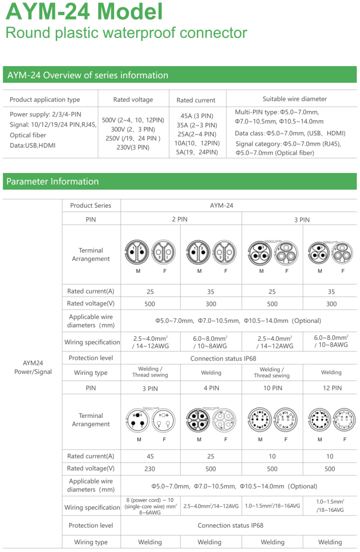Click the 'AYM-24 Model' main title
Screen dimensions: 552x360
coord(84,12)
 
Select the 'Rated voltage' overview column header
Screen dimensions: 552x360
coord(133,100)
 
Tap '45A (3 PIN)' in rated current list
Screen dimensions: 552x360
coord(197,116)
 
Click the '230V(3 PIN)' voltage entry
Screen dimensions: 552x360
coord(133,147)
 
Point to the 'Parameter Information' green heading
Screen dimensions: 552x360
coord(53,181)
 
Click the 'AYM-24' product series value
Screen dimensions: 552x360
coord(221,205)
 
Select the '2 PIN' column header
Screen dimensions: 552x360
coord(180,219)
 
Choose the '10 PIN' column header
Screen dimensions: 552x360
coord(272,388)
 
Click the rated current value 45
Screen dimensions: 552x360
coord(150,456)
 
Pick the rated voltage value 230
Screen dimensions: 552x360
coord(150,469)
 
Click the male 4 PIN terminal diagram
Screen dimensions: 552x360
coord(198,420)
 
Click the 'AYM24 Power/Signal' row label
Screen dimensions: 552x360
coord(33,367)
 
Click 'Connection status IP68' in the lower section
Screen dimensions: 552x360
coord(230,525)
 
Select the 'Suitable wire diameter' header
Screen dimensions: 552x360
coord(295,99)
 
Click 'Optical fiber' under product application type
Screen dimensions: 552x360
coord(28,135)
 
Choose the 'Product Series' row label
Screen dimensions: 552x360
coord(90,205)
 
